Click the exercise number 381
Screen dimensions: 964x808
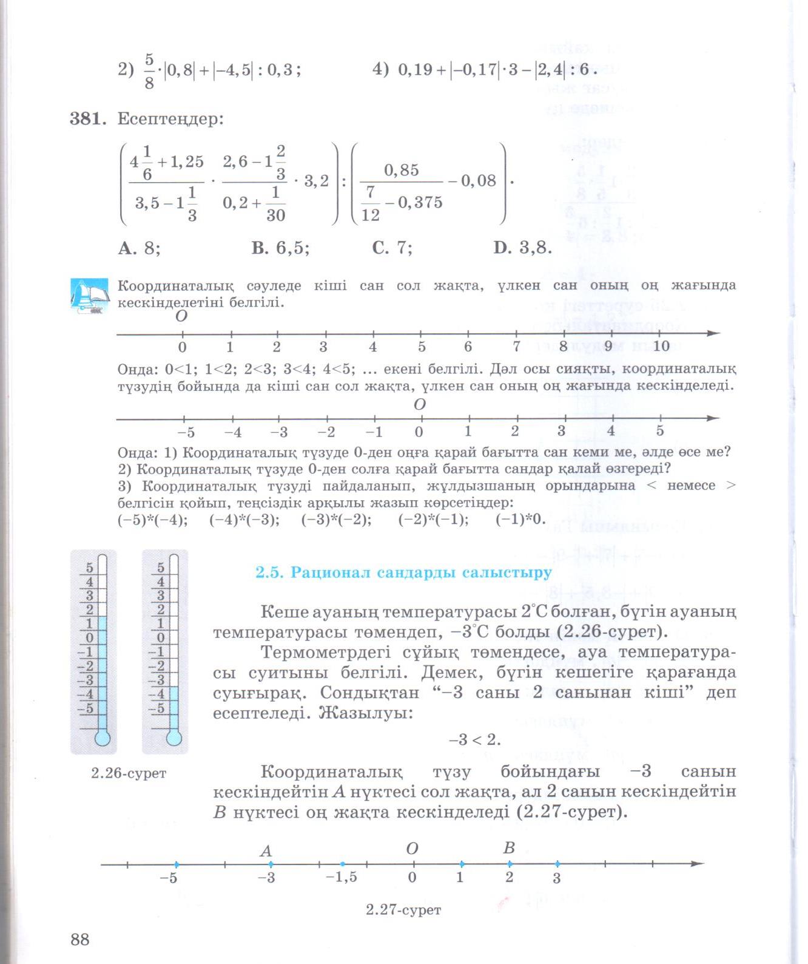pos(87,119)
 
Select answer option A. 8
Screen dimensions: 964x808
pos(140,248)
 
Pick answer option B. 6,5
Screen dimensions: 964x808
pos(280,248)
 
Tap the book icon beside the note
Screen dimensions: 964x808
pos(89,295)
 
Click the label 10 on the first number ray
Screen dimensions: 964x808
pos(661,347)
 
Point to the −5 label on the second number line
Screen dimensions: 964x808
pos(185,432)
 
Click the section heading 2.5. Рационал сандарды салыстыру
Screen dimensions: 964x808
pos(403,572)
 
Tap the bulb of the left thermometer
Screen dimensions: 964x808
pos(102,738)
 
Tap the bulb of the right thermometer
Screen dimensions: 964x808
pos(174,738)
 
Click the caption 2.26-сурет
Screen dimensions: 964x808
pos(129,773)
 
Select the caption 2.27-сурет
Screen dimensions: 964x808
pos(403,910)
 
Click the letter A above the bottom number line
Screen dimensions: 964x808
pos(266,851)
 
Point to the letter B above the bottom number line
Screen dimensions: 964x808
pos(509,849)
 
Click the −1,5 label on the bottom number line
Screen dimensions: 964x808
pos(342,878)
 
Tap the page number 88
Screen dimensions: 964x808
pos(80,940)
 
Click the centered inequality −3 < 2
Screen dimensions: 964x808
pos(474,740)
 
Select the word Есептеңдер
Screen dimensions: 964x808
pos(170,119)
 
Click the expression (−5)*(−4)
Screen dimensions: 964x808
pos(152,520)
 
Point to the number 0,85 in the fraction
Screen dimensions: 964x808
pos(402,170)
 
